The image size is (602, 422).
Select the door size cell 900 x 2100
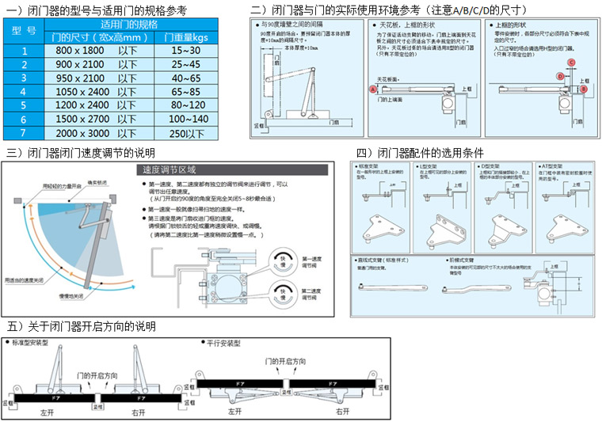coord(93,65)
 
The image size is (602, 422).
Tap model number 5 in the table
coord(25,105)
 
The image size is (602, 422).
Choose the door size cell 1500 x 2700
coord(93,119)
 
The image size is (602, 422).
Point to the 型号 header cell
coord(25,31)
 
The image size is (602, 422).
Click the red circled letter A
coord(372,89)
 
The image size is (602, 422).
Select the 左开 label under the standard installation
coord(46,412)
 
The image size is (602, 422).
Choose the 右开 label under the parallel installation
coord(342,412)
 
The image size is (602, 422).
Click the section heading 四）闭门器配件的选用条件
coord(420,153)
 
